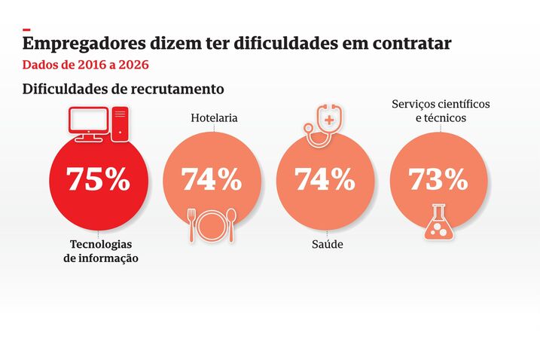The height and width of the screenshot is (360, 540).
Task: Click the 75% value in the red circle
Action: coord(98,179)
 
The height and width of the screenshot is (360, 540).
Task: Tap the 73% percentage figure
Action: coord(438,179)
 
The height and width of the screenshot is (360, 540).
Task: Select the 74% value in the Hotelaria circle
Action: coord(211,179)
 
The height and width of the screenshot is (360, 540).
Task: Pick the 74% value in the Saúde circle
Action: coord(325,179)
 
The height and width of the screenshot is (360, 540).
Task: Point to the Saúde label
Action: coord(327,245)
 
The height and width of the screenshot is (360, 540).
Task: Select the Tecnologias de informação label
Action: coord(100,252)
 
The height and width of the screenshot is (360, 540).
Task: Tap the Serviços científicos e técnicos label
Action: coord(441,111)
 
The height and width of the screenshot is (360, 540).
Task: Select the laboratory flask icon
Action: coord(439,223)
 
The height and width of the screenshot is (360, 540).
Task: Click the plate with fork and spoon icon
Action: coord(212,225)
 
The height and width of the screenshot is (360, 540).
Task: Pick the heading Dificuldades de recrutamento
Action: coord(124,89)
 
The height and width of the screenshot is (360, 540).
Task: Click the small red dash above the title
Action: coord(26,29)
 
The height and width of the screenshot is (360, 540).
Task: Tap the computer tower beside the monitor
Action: coord(121,124)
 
